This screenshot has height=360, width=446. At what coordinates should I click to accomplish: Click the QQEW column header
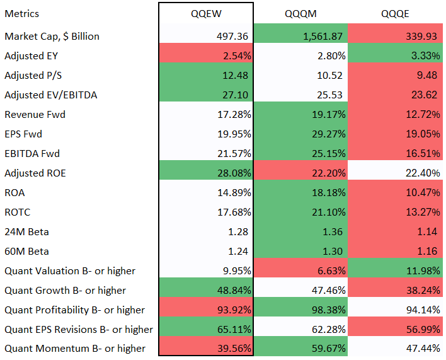206,14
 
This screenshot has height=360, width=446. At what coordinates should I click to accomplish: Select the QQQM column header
300,14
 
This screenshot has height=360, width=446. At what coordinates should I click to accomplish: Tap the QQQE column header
395,14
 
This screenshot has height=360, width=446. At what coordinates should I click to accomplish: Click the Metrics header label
21,14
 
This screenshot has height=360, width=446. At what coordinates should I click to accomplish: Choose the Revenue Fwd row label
35,115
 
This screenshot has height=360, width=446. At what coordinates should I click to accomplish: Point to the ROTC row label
18,212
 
